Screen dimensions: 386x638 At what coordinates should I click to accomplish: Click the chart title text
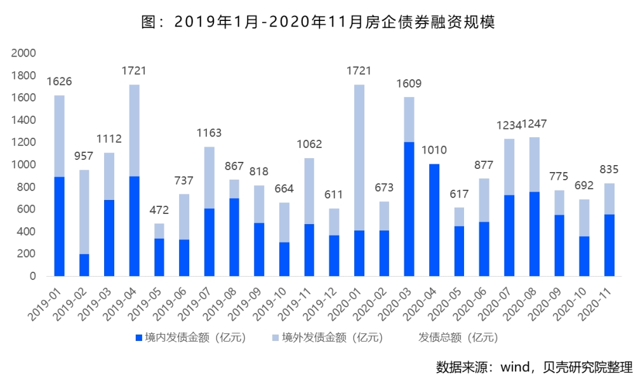click(317, 22)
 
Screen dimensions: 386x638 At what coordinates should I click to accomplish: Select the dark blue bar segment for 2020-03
click(409, 209)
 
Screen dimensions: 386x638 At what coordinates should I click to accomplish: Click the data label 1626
click(59, 82)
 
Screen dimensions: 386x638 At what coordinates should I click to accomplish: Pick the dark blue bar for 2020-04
click(434, 220)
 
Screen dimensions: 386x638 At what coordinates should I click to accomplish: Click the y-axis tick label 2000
click(24, 53)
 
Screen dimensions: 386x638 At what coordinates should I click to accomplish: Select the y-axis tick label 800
click(27, 187)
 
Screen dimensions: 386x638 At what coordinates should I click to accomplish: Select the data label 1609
click(409, 84)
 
